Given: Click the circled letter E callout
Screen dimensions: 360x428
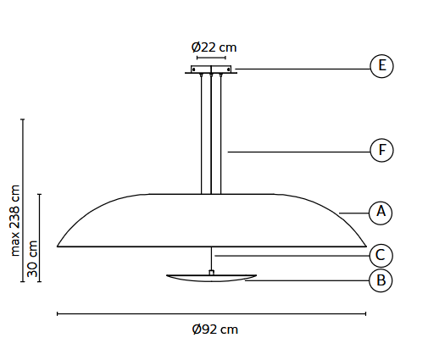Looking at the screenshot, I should pos(381,66).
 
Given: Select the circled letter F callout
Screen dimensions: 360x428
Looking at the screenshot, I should pos(381,151).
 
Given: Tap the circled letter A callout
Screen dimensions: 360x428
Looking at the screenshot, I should pos(381,212).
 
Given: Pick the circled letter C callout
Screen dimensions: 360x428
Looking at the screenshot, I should pos(381,254).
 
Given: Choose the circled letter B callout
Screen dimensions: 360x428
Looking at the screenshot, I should pos(381,280).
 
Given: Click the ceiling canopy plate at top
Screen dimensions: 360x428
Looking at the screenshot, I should pos(211,70).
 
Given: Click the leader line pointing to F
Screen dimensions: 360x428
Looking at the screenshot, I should pos(297,152).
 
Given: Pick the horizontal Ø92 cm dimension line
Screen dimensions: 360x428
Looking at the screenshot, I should pos(211,313).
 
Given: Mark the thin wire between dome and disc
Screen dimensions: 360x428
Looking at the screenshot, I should pos(211,258).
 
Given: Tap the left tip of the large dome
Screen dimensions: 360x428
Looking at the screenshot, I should pos(58,246).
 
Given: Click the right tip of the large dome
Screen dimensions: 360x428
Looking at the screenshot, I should pos(365,246).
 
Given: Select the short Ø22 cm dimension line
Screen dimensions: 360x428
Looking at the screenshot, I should pos(211,58).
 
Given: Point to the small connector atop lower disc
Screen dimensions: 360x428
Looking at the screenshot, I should pos(211,272).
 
